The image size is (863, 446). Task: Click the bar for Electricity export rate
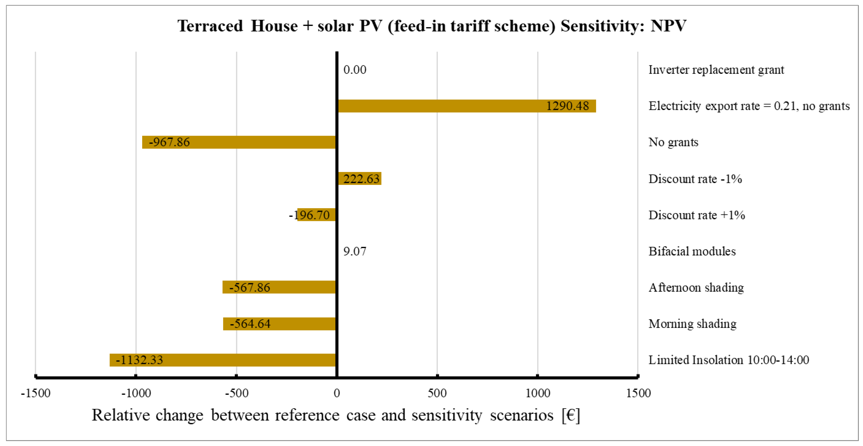(x=466, y=106)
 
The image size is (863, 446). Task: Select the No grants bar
(x=239, y=142)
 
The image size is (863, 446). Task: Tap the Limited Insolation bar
(x=222, y=360)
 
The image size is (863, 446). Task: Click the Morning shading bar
(x=279, y=324)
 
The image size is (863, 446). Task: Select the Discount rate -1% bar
(x=359, y=179)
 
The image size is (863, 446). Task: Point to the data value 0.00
(x=355, y=70)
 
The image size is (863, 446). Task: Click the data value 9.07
(x=355, y=251)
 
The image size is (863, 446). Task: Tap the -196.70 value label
(x=309, y=215)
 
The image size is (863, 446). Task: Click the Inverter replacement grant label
(x=716, y=70)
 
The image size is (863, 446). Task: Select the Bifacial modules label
(x=692, y=251)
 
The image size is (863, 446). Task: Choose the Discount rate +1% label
(x=697, y=215)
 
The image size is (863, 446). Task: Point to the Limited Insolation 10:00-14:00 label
(x=728, y=360)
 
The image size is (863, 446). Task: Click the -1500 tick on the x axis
(x=36, y=393)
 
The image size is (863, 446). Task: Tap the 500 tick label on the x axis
(x=437, y=393)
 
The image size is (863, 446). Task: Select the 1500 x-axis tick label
(x=638, y=393)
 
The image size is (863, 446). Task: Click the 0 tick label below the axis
(x=337, y=393)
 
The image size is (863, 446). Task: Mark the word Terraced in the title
(x=210, y=26)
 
